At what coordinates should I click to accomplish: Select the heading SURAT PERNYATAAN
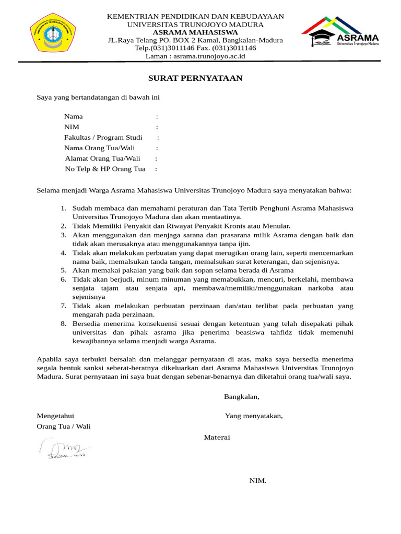point(195,79)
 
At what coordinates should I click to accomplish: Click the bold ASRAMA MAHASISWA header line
point(195,32)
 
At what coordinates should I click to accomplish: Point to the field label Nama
point(73,117)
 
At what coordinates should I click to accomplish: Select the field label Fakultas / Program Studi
point(103,138)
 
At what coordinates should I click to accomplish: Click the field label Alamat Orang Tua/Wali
point(103,159)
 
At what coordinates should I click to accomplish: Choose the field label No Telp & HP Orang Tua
point(105,169)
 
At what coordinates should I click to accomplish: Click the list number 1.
point(63,208)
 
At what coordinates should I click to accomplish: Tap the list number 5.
point(63,270)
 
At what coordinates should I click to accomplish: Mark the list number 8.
point(63,324)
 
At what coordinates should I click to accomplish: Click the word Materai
point(217,437)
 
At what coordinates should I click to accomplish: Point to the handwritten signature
point(64,449)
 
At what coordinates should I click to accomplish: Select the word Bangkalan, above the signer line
point(241,397)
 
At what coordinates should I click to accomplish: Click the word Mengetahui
point(55,416)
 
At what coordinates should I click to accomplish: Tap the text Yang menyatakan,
point(254,416)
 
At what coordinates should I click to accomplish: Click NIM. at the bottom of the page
point(258,481)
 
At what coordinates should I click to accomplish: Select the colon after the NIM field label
point(157,127)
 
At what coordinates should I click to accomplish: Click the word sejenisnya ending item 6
point(89,297)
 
